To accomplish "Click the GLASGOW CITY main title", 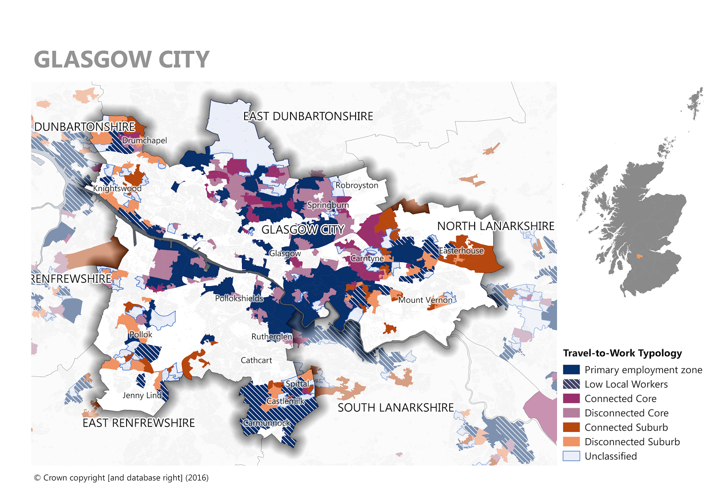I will pos(121,59).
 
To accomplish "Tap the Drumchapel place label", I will pos(144,140).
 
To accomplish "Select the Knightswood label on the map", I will pos(117,188).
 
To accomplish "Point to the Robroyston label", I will pos(356,185).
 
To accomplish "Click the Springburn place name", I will pos(328,205).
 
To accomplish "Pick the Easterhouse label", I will pos(461,251).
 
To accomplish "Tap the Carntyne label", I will pos(367,258).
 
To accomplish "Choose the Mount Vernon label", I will pos(425,300).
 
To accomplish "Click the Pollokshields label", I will pos(239,299).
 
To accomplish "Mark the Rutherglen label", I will pos(272,337).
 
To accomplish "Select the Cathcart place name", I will pos(256,361).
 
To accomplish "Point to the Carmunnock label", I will pos(266,423).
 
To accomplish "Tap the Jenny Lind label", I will pos(142,395).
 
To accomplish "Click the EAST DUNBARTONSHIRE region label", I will pos(308,116).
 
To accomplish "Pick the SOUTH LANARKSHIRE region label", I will pos(396,408).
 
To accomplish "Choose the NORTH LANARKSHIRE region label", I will pos(496,226).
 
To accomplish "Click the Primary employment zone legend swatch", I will pos(571,370).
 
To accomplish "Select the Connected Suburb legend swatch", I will pos(571,427).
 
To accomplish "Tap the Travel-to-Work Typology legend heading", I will pos(622,353).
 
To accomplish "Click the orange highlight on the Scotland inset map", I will pos(639,256).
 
